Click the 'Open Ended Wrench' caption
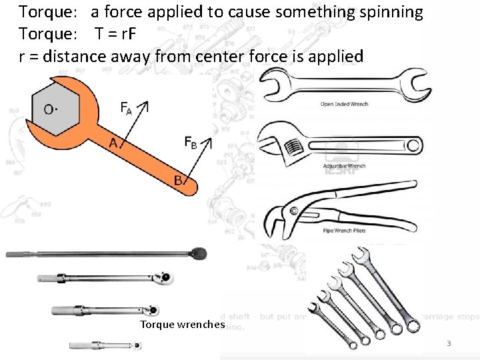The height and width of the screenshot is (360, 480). point(344,104)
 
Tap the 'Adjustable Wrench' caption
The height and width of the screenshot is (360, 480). point(344,165)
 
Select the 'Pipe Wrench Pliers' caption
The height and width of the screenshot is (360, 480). point(345,229)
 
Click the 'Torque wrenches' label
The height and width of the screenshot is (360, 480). point(183,325)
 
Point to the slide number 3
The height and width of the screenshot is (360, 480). point(449,344)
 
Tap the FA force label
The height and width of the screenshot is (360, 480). point(126,108)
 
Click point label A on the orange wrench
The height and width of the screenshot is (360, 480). point(114,143)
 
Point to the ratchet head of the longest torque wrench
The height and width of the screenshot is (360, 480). point(198,253)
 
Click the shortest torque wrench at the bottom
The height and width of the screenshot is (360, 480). point(107,345)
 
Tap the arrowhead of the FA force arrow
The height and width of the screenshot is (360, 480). point(147,105)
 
